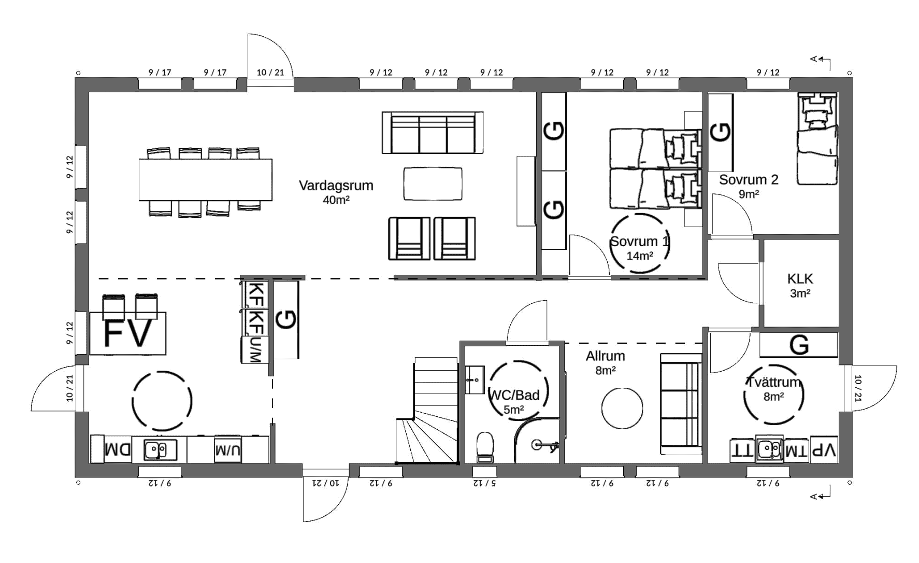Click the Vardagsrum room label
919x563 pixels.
coord(336,186)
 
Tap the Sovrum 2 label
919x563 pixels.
coord(749,180)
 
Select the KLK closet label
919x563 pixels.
coord(800,279)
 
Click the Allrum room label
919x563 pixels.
coord(605,356)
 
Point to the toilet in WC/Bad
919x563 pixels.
coord(485,447)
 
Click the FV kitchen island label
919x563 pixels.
coord(128,333)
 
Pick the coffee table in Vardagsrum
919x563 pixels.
coord(433,184)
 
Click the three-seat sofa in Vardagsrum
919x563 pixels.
coord(433,133)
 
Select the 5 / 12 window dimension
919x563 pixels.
coord(484,483)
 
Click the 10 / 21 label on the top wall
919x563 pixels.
coord(270,73)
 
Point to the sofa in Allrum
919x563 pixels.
coord(681,404)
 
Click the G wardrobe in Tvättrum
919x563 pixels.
coord(799,345)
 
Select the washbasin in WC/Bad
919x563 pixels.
coord(475,381)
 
